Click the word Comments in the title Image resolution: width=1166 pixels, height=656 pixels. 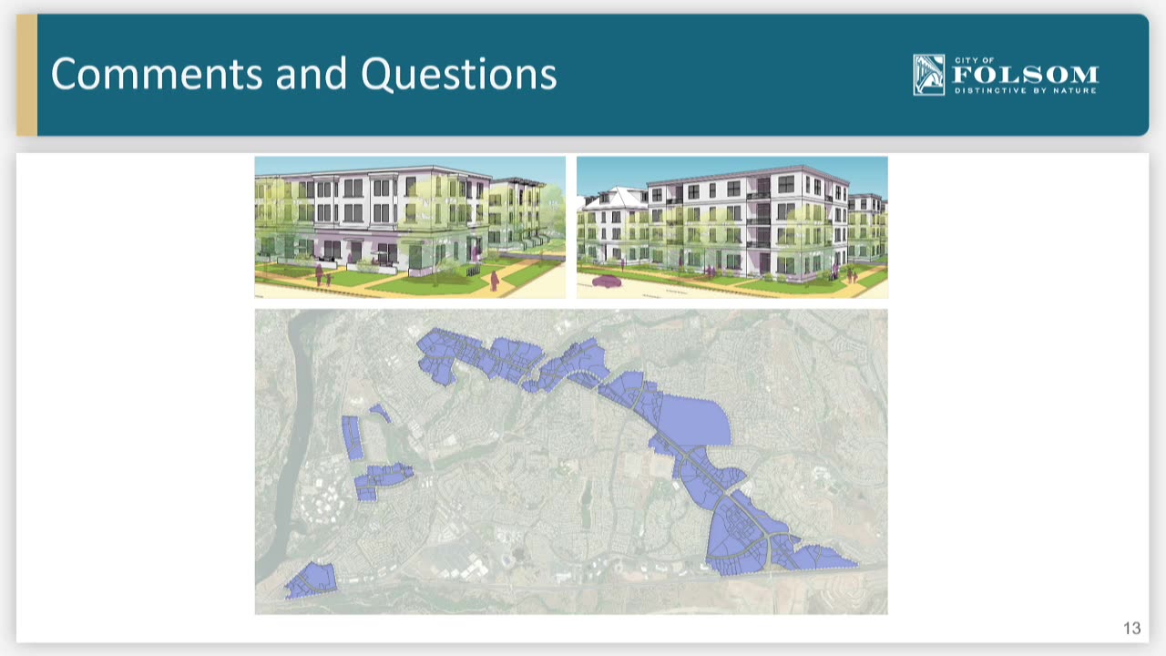click(157, 74)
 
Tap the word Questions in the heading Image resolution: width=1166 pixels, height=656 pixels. click(458, 74)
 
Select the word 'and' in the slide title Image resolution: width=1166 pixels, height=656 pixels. click(312, 74)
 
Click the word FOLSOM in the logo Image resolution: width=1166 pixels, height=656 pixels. click(1026, 76)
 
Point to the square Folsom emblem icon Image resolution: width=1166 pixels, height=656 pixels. click(928, 75)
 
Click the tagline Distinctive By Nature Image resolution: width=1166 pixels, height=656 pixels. click(1026, 90)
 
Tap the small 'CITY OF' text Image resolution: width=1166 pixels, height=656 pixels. click(975, 60)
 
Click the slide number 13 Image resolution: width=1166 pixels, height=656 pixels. click(1132, 628)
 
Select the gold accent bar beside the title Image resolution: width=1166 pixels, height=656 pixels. click(26, 75)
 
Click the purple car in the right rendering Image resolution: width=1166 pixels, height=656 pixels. click(607, 282)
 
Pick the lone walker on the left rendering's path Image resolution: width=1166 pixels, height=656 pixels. click(494, 282)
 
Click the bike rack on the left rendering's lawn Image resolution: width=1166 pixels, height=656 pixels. click(472, 271)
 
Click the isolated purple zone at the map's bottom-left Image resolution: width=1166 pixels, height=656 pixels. click(311, 580)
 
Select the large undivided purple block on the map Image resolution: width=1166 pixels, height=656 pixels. click(695, 421)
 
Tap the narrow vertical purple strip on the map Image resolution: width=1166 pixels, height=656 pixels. click(353, 438)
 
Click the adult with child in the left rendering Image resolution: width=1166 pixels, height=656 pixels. click(322, 276)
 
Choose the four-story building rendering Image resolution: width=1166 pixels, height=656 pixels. click(731, 227)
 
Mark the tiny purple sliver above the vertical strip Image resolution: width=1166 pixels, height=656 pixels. click(381, 413)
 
